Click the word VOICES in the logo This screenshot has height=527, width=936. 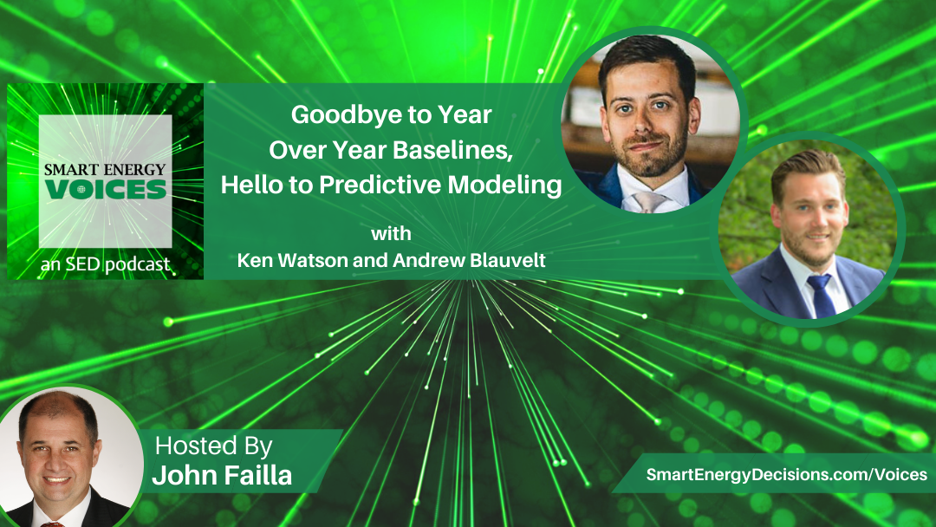106,190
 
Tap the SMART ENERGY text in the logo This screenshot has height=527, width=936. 105,170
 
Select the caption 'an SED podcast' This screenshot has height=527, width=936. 105,264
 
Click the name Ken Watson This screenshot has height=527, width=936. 293,260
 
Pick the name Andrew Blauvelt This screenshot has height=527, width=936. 469,260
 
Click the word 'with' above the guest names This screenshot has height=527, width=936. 391,233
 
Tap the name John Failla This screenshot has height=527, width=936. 222,476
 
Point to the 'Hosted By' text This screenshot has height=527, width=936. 214,446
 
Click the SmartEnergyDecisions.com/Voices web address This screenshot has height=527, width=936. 787,474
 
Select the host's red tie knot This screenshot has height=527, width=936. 53,524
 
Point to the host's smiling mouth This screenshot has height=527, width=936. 56,478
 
